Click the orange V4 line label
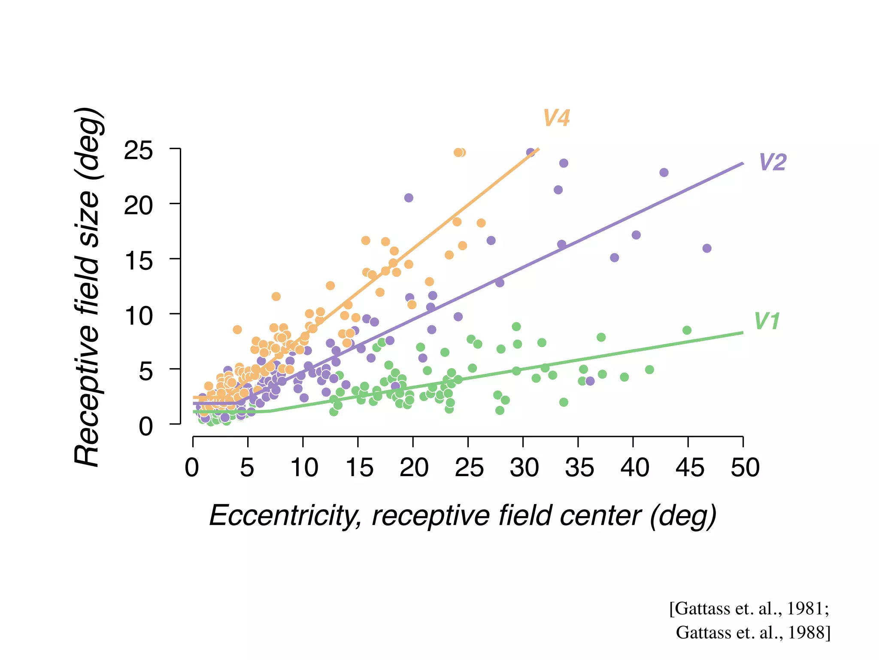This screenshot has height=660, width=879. click(556, 118)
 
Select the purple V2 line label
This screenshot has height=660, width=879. click(773, 162)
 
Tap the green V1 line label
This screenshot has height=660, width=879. click(767, 321)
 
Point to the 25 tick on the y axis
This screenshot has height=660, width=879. click(138, 151)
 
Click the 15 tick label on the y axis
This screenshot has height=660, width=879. click(138, 261)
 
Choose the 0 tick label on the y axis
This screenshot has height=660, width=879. click(145, 427)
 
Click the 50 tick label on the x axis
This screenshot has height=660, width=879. click(745, 467)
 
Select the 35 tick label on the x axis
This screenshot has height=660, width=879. click(579, 467)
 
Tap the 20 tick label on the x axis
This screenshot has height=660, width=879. click(414, 467)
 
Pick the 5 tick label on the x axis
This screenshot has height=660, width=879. click(247, 467)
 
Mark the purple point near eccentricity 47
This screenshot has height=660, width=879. click(707, 248)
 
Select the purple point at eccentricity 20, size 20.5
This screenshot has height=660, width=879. click(409, 198)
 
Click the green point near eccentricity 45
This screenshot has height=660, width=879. click(687, 330)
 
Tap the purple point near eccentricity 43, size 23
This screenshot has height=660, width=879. click(664, 173)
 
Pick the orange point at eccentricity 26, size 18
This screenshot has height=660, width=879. click(481, 223)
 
